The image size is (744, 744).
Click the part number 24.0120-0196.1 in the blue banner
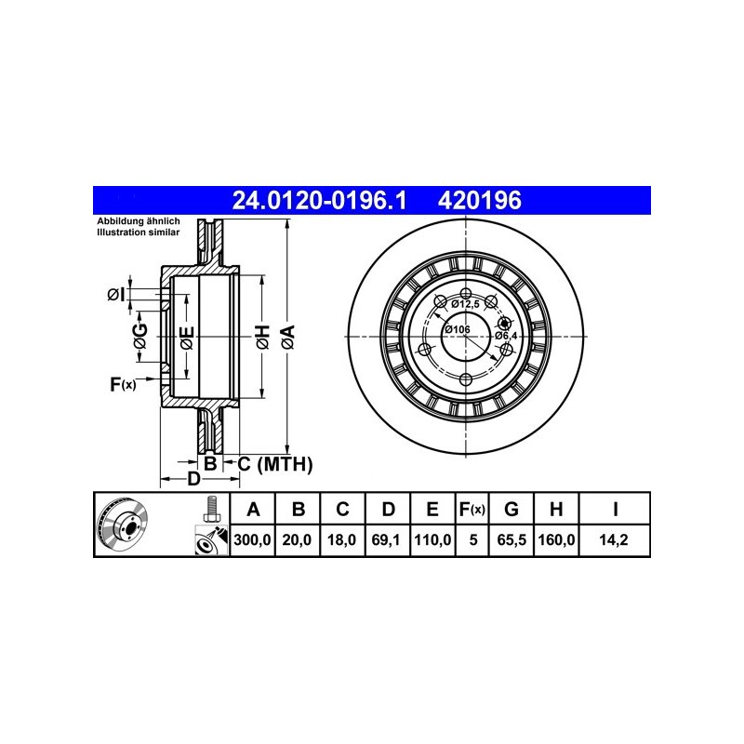point(319,200)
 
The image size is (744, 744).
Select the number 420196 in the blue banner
point(480,200)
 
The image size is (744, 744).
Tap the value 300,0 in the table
point(252,539)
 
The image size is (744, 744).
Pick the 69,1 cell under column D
point(386,539)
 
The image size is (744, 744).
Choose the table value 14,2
point(614,539)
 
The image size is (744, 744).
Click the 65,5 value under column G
point(511,539)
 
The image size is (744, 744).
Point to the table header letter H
point(556,509)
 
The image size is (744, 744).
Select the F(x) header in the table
point(472,509)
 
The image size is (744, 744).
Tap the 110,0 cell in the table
point(432,539)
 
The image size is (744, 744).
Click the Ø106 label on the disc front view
point(457,329)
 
